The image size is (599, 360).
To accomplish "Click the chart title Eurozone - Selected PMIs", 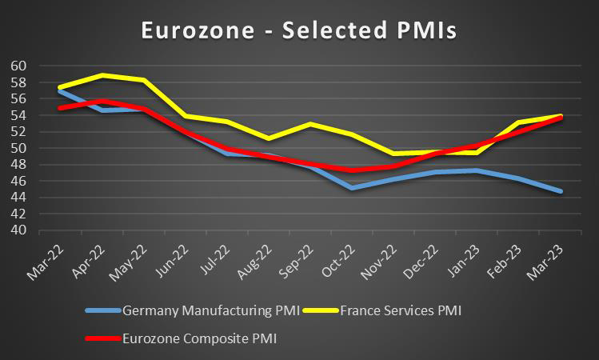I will pos(298,30).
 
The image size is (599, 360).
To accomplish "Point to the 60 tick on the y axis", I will pos(19,66).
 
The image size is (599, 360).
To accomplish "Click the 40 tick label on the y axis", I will pos(19,230).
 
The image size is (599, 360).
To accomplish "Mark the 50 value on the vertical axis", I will pos(19,148).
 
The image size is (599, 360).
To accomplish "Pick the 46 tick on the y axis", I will pos(19,181).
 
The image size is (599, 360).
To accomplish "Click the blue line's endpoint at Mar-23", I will pos(561,191).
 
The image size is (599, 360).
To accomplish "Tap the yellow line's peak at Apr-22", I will pos(102,75).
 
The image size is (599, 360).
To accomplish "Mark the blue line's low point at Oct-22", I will pos(353,188).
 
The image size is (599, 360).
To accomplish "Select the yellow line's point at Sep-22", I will pos(311,124).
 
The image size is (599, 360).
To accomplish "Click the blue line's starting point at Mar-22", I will pos(61,90).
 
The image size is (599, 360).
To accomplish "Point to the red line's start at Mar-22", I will pos(61,108).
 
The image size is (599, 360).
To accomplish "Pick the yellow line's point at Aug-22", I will pos(270,138).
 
